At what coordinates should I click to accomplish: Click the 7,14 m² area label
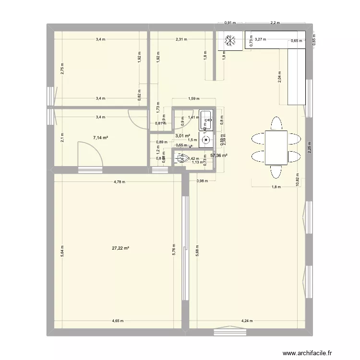coord(100,138)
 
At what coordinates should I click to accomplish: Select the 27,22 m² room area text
coord(120,248)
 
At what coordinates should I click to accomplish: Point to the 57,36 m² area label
coord(218,156)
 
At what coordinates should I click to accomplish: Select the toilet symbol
coord(181,157)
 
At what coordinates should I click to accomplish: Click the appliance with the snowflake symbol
coord(229,41)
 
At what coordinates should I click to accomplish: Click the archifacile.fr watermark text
coord(307,354)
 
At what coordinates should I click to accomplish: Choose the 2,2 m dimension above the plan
coord(275,23)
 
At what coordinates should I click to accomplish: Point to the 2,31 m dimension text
coord(181,40)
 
